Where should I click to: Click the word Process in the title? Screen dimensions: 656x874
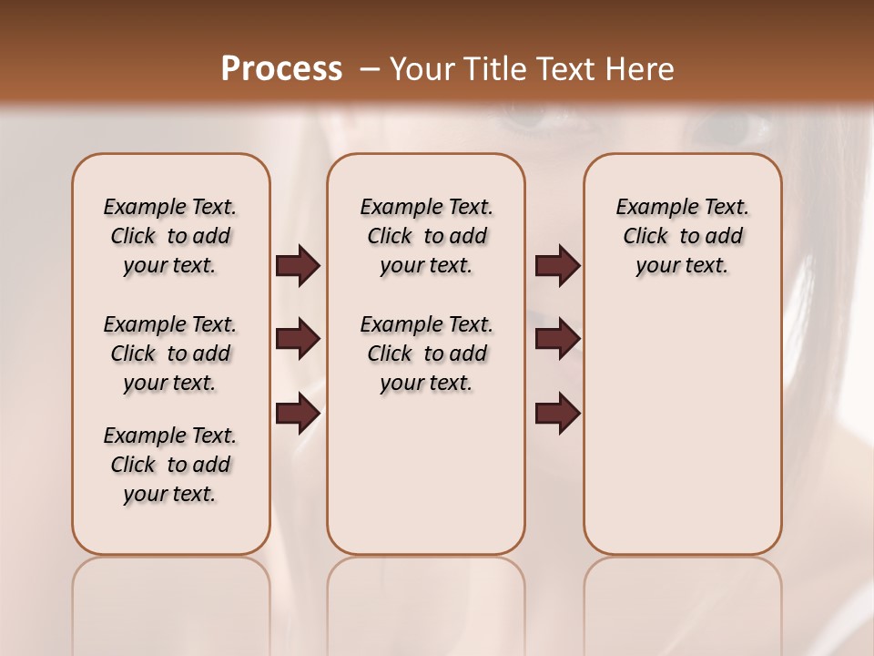[x=281, y=69]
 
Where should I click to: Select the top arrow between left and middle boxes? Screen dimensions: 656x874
[x=298, y=266]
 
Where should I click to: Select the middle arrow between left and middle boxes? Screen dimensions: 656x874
[x=298, y=340]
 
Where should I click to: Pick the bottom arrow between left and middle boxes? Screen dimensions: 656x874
[x=298, y=414]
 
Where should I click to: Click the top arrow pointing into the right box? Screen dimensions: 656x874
[x=557, y=266]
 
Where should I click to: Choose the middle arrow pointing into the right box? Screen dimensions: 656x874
[x=557, y=340]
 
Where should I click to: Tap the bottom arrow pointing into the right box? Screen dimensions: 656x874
[x=557, y=414]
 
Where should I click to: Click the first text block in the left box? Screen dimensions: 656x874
[x=170, y=236]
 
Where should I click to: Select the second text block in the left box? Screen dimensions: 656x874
[x=170, y=354]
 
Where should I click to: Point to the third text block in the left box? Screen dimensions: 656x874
[x=170, y=465]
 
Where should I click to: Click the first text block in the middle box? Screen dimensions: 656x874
[x=426, y=236]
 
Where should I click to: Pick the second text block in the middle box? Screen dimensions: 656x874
[x=426, y=354]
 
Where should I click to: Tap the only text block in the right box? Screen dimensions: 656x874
[x=682, y=236]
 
